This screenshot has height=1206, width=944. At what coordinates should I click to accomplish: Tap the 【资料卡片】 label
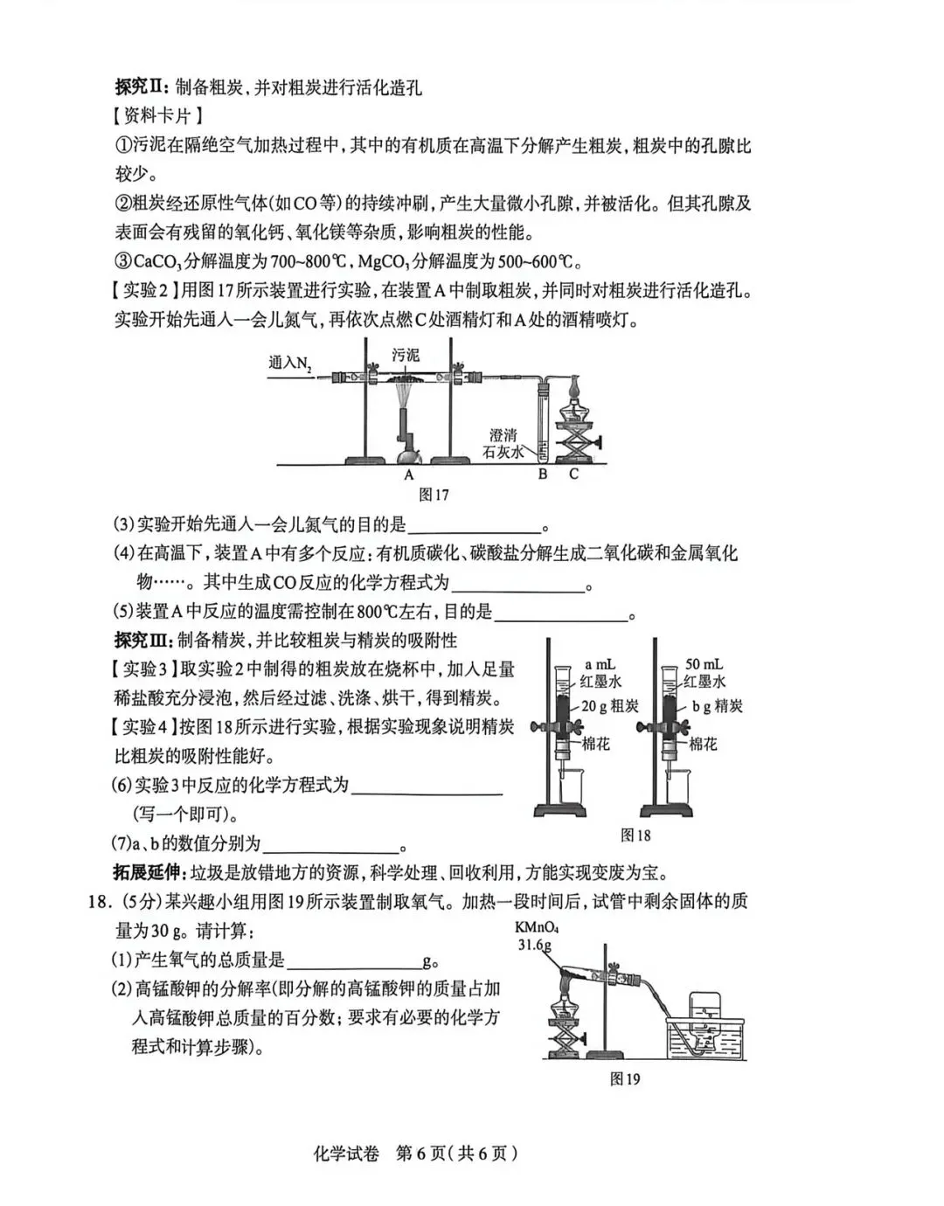tap(157, 115)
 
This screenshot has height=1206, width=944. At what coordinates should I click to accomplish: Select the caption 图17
tap(434, 496)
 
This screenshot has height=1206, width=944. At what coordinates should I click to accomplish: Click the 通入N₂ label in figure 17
tap(290, 362)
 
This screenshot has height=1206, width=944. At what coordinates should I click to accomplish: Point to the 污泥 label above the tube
tap(406, 355)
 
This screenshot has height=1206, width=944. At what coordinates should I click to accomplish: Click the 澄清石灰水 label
tap(503, 444)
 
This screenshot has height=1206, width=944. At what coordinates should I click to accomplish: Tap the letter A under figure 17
tap(408, 475)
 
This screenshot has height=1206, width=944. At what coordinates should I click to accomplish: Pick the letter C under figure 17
tap(573, 475)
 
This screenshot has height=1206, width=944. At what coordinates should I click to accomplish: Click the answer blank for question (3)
tap(475, 526)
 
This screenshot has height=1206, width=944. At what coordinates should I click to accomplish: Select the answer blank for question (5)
tap(561, 613)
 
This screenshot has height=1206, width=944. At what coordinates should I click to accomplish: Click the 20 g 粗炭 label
tap(610, 706)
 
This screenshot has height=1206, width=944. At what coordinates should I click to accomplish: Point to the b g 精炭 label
tap(718, 706)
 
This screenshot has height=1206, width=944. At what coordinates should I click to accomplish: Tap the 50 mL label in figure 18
tap(704, 664)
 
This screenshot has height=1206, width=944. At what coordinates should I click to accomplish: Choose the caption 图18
tap(635, 835)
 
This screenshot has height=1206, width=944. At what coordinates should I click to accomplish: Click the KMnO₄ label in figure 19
tap(537, 928)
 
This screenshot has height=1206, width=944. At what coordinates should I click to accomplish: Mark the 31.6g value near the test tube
tap(534, 946)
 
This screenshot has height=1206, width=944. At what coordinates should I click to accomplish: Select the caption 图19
tap(625, 1079)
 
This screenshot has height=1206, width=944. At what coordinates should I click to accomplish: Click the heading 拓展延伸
tap(145, 872)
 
